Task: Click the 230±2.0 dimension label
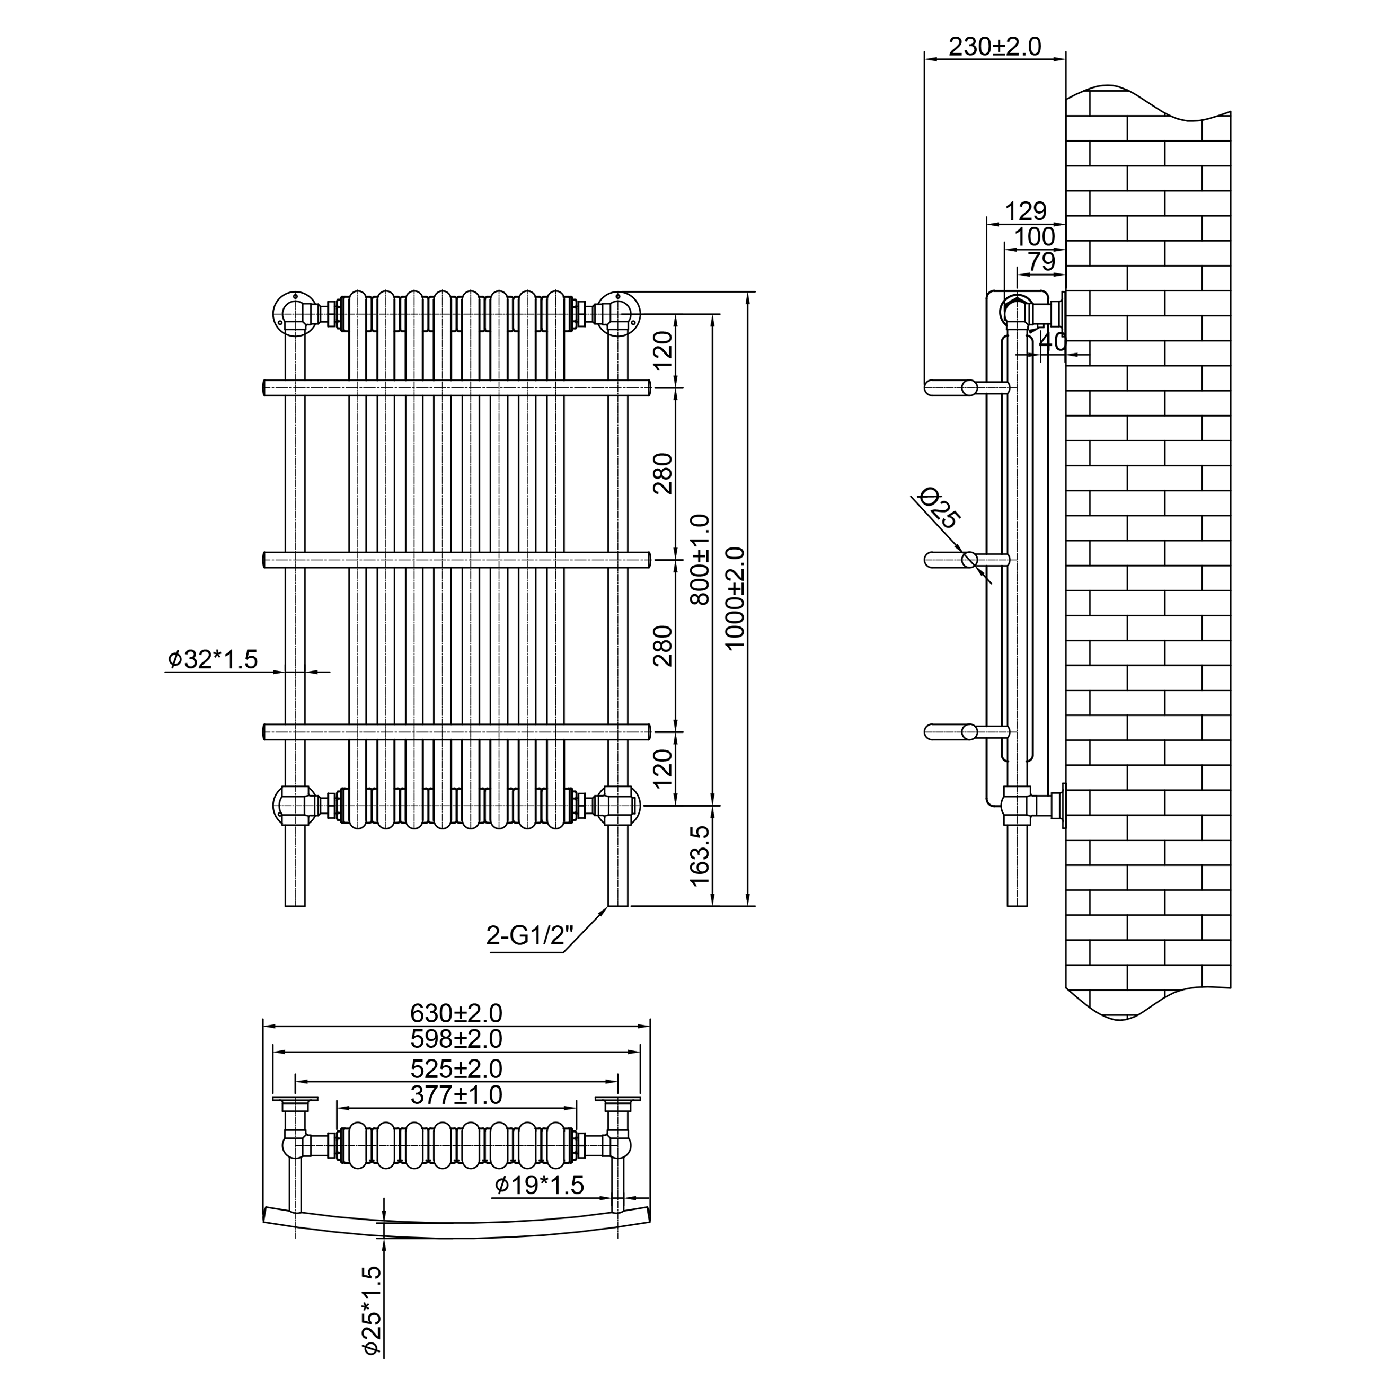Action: point(994,47)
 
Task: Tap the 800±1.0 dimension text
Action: point(700,559)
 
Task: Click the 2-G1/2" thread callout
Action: point(529,936)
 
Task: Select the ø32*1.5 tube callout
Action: point(213,659)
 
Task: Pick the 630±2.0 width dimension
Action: point(456,1013)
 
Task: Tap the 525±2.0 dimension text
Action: point(456,1068)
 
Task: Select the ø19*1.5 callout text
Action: point(539,1185)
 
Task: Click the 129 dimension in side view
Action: point(1026,211)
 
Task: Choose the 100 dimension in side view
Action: point(1035,236)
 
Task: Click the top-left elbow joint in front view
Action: point(294,312)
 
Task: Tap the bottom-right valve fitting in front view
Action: point(616,804)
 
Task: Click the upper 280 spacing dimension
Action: point(662,473)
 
